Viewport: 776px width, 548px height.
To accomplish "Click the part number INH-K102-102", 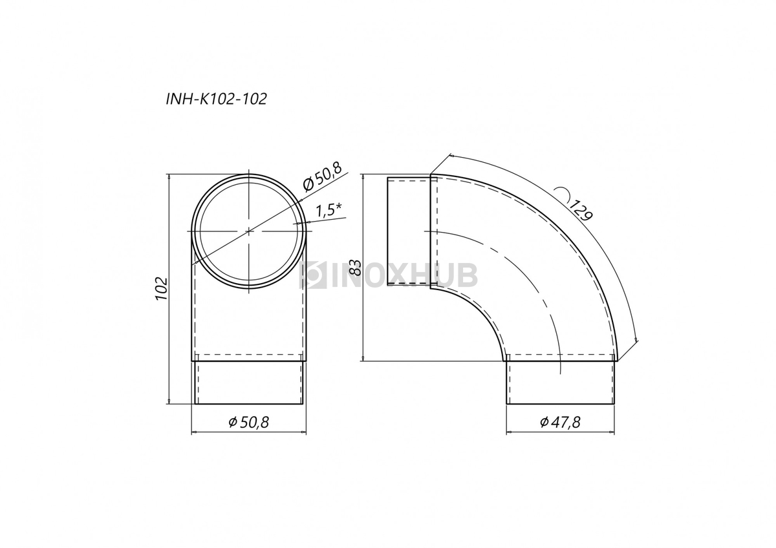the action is pos(217,99).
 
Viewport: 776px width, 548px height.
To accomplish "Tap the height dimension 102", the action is pos(162,289).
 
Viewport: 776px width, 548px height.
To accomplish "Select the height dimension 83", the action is pos(355,267).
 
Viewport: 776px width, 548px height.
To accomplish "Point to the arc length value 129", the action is pos(581,210).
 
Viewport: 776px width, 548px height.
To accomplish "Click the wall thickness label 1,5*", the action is pos(329,211).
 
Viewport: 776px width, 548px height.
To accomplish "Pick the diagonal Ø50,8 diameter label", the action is pos(322,176).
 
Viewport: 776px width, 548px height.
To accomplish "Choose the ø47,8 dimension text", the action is pos(560,422).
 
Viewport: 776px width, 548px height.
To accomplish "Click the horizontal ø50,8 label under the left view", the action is pos(248,422).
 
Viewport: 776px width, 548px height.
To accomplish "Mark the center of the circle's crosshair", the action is pos(249,231).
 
